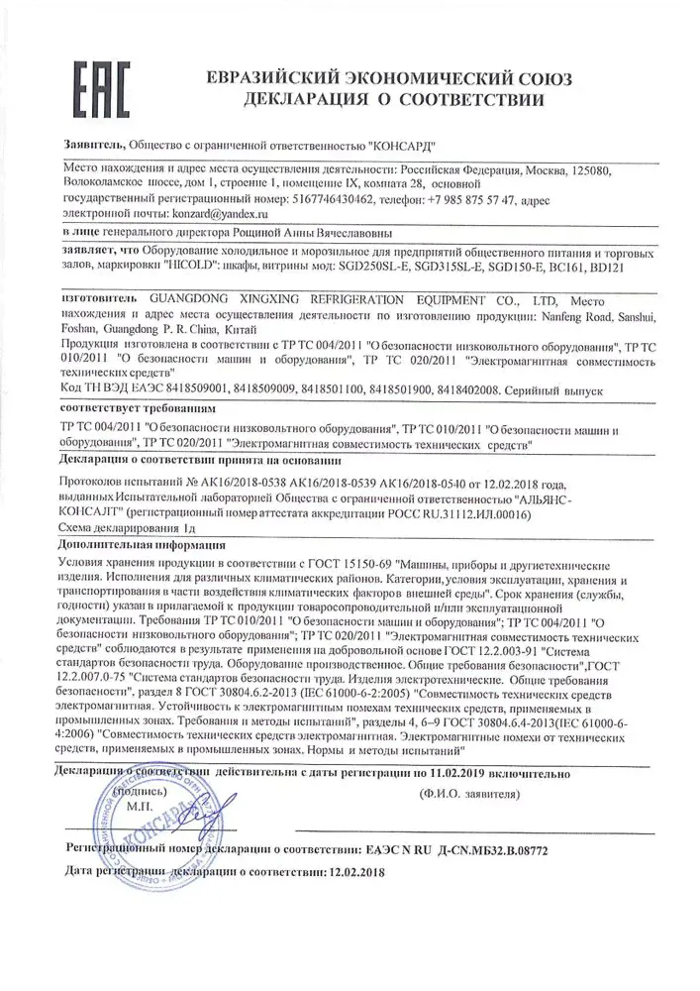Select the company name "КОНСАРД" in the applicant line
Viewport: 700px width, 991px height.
[x=405, y=145]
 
